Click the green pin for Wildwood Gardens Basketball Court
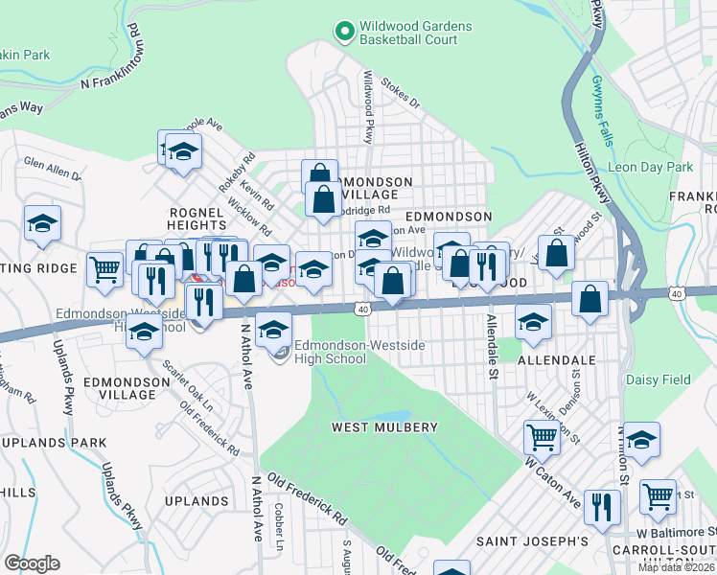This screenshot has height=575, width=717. (343, 33)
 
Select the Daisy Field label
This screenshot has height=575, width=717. (658, 379)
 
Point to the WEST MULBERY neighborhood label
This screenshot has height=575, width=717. (384, 426)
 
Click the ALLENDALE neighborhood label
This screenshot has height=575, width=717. (556, 359)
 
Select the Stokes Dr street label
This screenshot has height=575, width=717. (401, 92)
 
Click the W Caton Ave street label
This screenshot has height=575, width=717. (553, 483)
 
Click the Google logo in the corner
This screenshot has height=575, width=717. (32, 563)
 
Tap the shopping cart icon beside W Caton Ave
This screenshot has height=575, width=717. (542, 437)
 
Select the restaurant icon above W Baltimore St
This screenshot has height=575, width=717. (601, 506)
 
